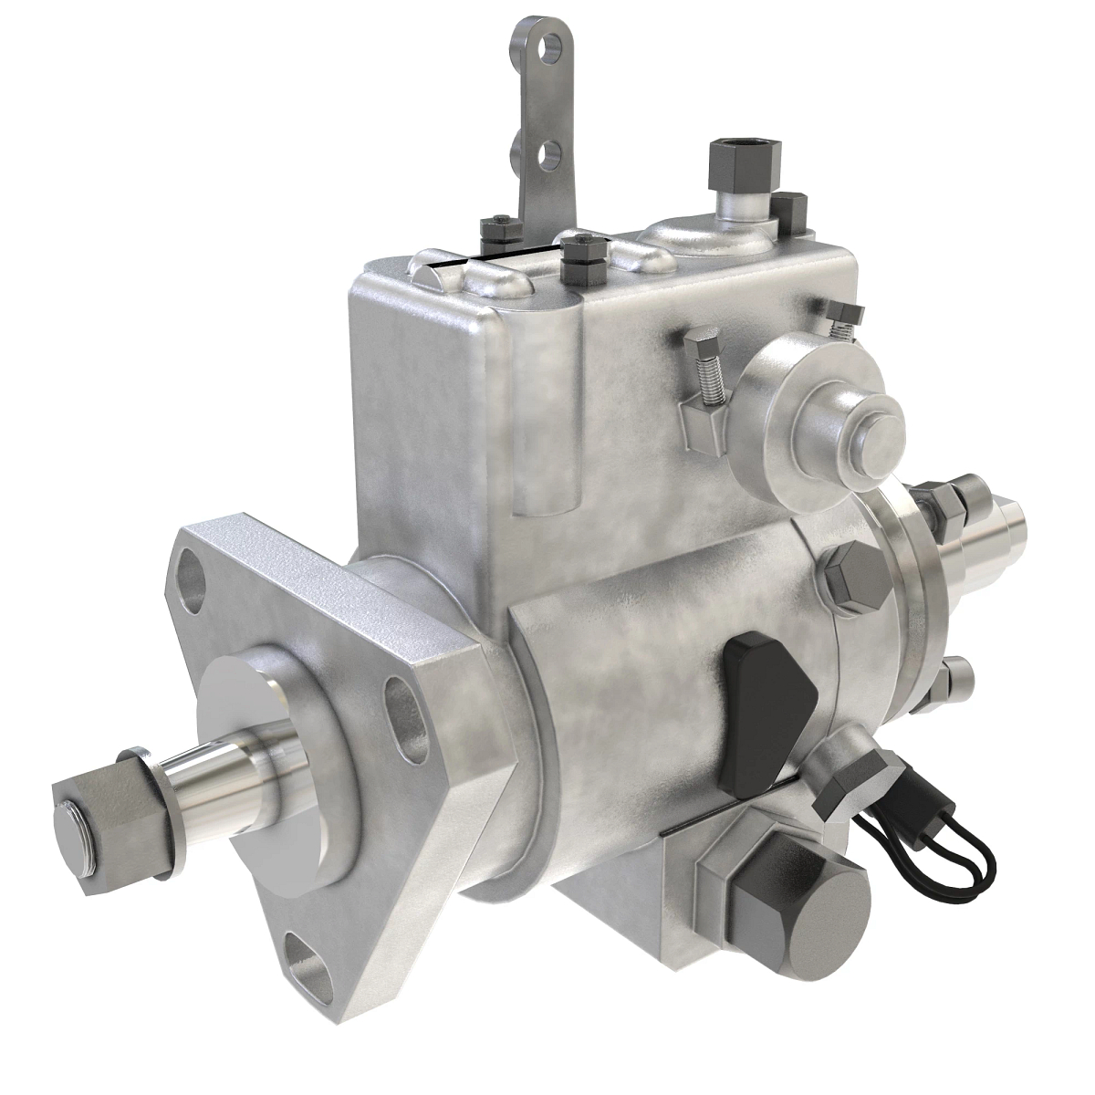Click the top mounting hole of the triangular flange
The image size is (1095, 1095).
click(x=193, y=575)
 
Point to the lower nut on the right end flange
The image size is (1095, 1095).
click(x=953, y=680)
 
